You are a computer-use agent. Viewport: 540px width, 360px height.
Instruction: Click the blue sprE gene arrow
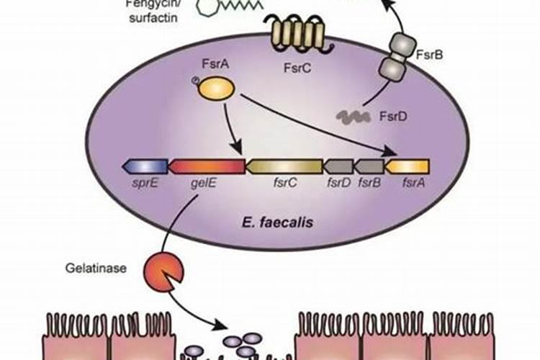tap(145, 167)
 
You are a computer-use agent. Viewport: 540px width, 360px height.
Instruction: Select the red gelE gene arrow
tap(206, 167)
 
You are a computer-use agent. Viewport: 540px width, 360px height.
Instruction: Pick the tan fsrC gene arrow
tap(284, 167)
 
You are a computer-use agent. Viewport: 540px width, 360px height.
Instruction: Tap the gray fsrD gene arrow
tap(338, 167)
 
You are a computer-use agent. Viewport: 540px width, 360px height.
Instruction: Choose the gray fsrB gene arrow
tap(369, 167)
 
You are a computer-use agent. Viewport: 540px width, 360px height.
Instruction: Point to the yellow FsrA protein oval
tap(216, 89)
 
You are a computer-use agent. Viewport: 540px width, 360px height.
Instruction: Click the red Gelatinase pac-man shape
tap(163, 271)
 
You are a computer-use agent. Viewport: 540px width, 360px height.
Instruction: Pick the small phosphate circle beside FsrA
tap(195, 80)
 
